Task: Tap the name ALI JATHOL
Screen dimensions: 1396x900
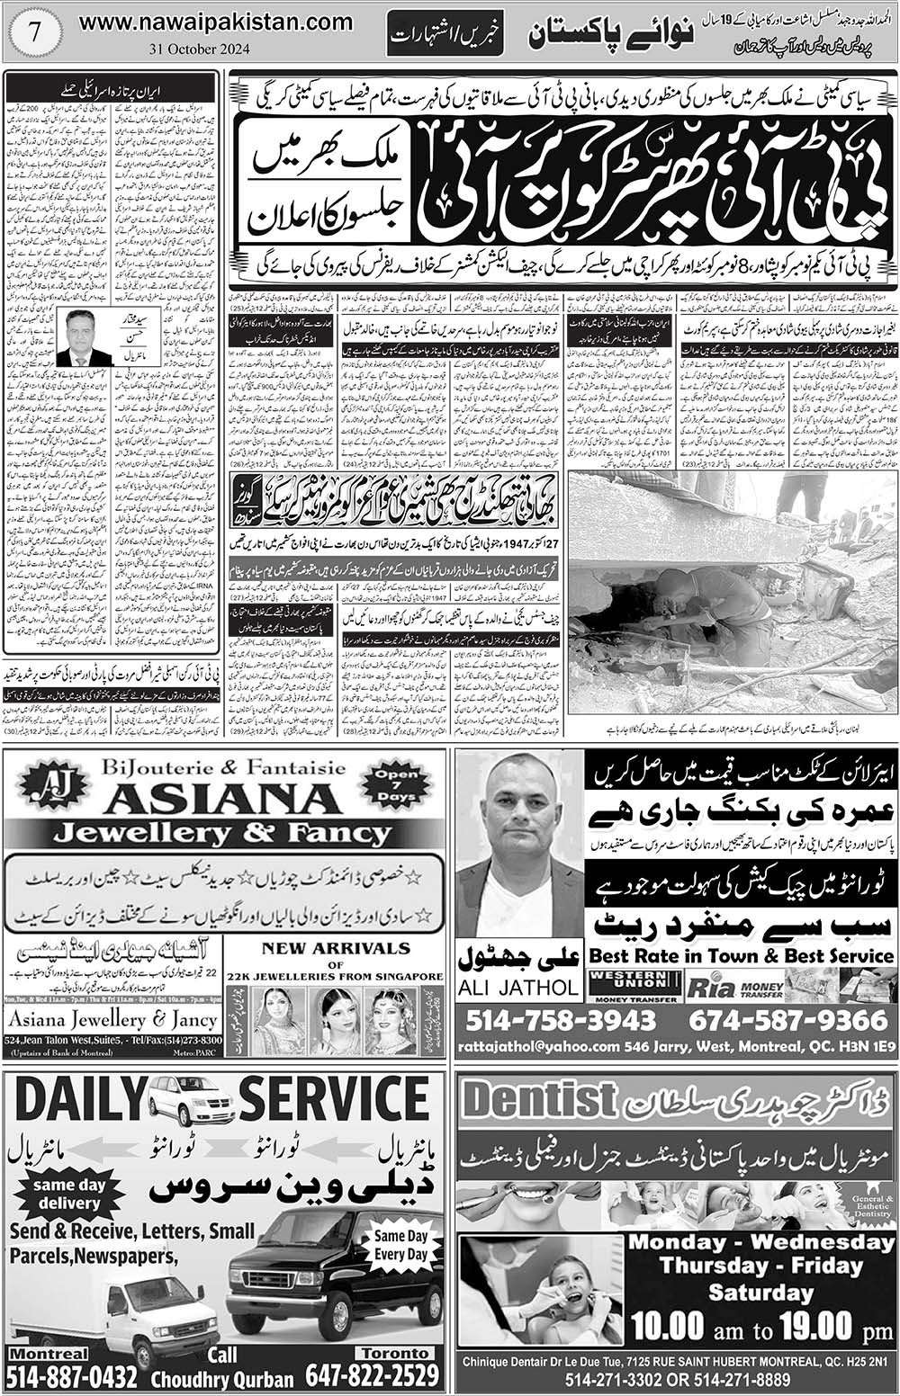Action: pos(518,987)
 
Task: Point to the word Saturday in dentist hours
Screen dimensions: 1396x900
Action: pos(760,1293)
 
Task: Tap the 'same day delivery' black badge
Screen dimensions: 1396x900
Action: pos(68,1194)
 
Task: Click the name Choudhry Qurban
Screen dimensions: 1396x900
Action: pos(222,1379)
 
